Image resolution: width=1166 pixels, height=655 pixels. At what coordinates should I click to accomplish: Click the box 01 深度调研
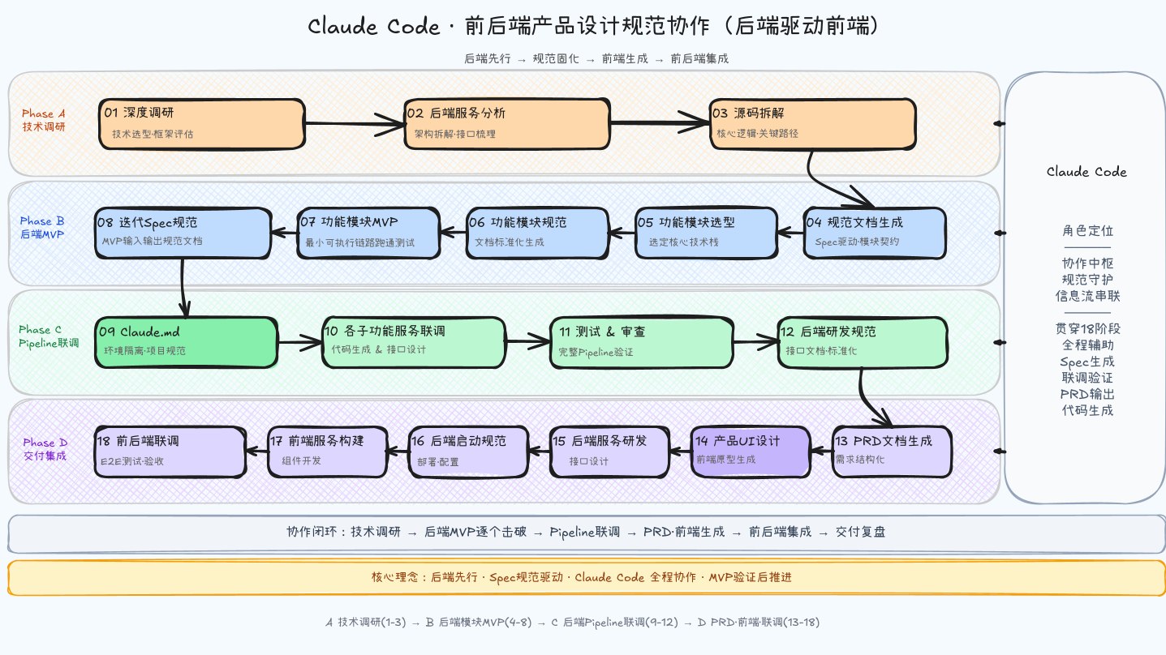coord(202,124)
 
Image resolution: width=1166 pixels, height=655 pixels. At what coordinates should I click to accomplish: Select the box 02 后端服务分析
coord(507,124)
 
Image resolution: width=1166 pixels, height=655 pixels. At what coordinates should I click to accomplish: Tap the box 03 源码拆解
coord(813,124)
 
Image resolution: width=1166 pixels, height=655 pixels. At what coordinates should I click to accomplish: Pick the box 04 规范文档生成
coord(875,233)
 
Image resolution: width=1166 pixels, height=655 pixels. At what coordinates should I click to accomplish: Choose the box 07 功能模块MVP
coord(368,233)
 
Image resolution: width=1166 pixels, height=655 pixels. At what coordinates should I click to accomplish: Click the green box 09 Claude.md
coord(187,343)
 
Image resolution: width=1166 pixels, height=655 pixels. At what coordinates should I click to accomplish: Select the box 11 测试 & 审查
coord(642,343)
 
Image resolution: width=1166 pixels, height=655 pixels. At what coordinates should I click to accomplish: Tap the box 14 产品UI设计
coord(751,452)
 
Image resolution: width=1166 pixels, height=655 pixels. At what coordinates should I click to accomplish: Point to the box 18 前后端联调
coord(170,452)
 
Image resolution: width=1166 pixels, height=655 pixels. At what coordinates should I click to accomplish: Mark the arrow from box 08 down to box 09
coord(183,288)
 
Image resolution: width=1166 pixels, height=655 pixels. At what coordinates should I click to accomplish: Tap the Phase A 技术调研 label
coord(44,120)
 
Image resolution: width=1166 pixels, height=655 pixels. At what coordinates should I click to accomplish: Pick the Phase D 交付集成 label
coord(45,449)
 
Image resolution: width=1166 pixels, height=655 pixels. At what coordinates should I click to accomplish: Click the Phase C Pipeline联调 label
coord(49,336)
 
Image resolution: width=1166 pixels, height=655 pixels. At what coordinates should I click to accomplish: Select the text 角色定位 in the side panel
coord(1087,230)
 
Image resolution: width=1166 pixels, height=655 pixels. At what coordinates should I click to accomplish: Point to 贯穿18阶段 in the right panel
coord(1087,328)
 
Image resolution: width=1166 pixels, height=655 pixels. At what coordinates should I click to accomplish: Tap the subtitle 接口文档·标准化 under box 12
coord(821,351)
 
